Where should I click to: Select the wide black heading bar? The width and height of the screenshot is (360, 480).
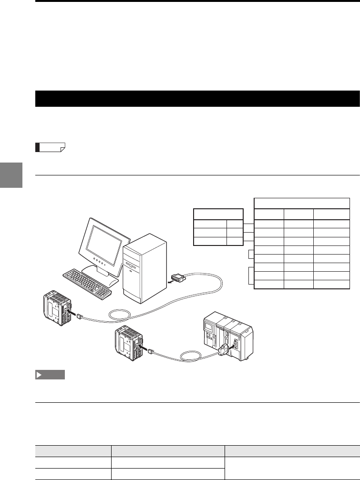197,99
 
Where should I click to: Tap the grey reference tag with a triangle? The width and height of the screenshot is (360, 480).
50,375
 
